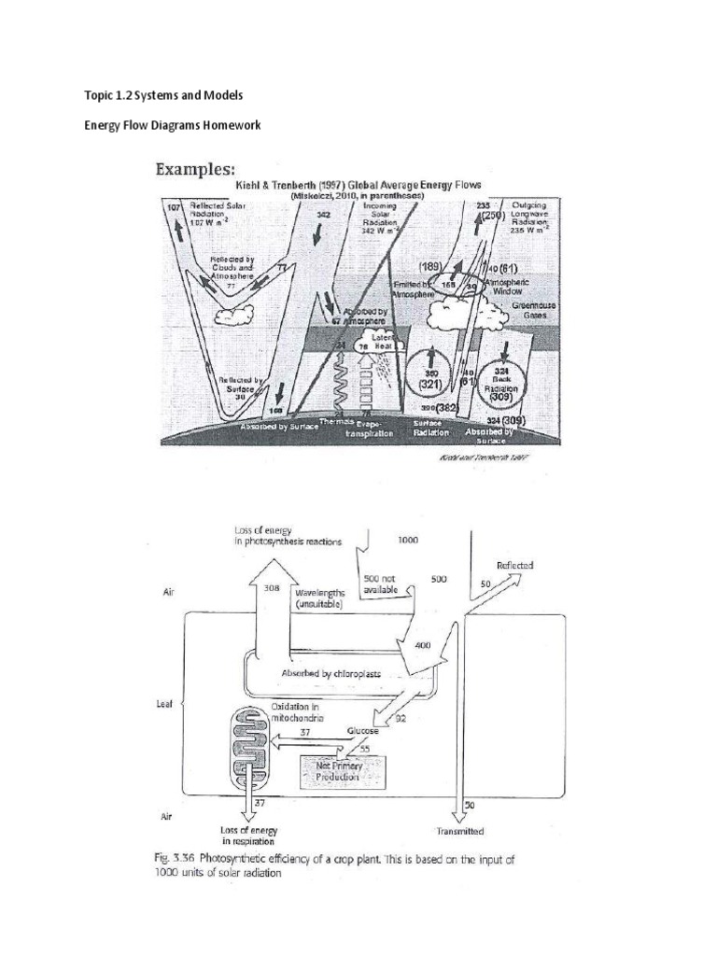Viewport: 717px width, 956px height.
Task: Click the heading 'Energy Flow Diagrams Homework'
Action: point(172,125)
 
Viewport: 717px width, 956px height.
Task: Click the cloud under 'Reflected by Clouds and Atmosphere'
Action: point(230,316)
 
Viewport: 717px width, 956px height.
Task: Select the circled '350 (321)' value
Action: point(431,377)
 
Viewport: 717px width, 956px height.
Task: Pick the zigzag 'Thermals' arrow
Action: point(341,383)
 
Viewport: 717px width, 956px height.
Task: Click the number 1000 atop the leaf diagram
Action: point(408,540)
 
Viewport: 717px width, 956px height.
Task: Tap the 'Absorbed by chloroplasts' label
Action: point(331,673)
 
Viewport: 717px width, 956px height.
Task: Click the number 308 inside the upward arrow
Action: point(271,588)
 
